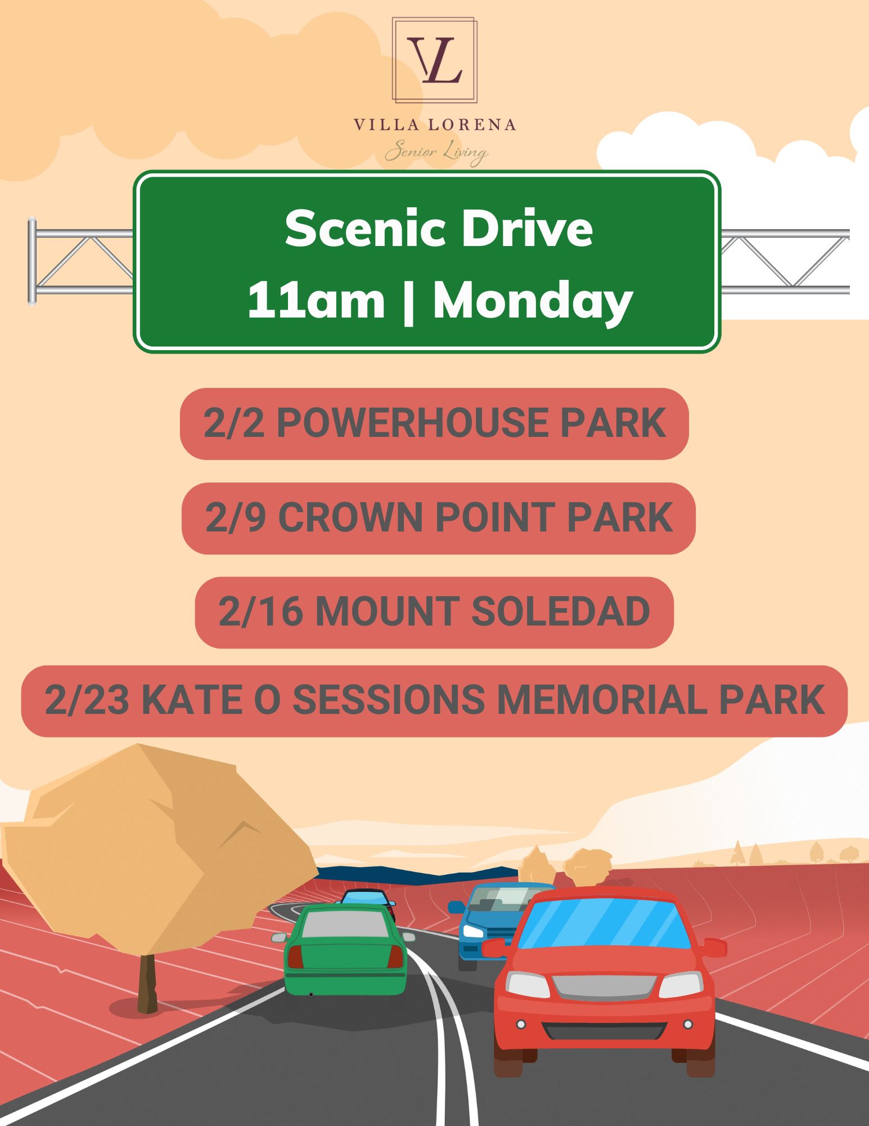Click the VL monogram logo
coord(435,60)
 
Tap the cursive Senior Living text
coord(436,153)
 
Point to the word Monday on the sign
coord(533,301)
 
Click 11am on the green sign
coord(317,301)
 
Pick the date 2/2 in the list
coord(233,423)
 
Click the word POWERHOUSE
coord(412,423)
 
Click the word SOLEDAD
coord(560,612)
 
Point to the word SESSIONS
coord(389,700)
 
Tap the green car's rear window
coord(345,924)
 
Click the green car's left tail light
coord(295,957)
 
